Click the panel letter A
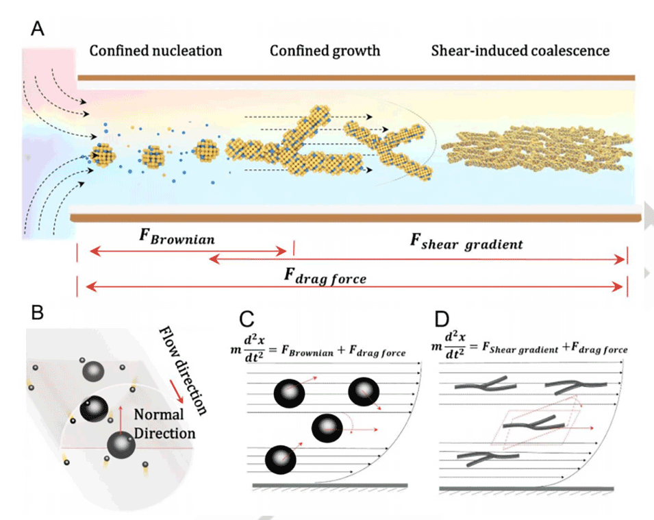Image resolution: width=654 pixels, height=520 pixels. point(40,29)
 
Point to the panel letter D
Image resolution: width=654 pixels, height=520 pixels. point(444,321)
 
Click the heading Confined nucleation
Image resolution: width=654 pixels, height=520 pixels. point(155,51)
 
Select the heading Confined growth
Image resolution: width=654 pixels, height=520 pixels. point(325,51)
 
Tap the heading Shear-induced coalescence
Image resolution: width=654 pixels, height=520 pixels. point(520,51)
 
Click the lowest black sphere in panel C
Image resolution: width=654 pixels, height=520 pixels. point(279,460)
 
